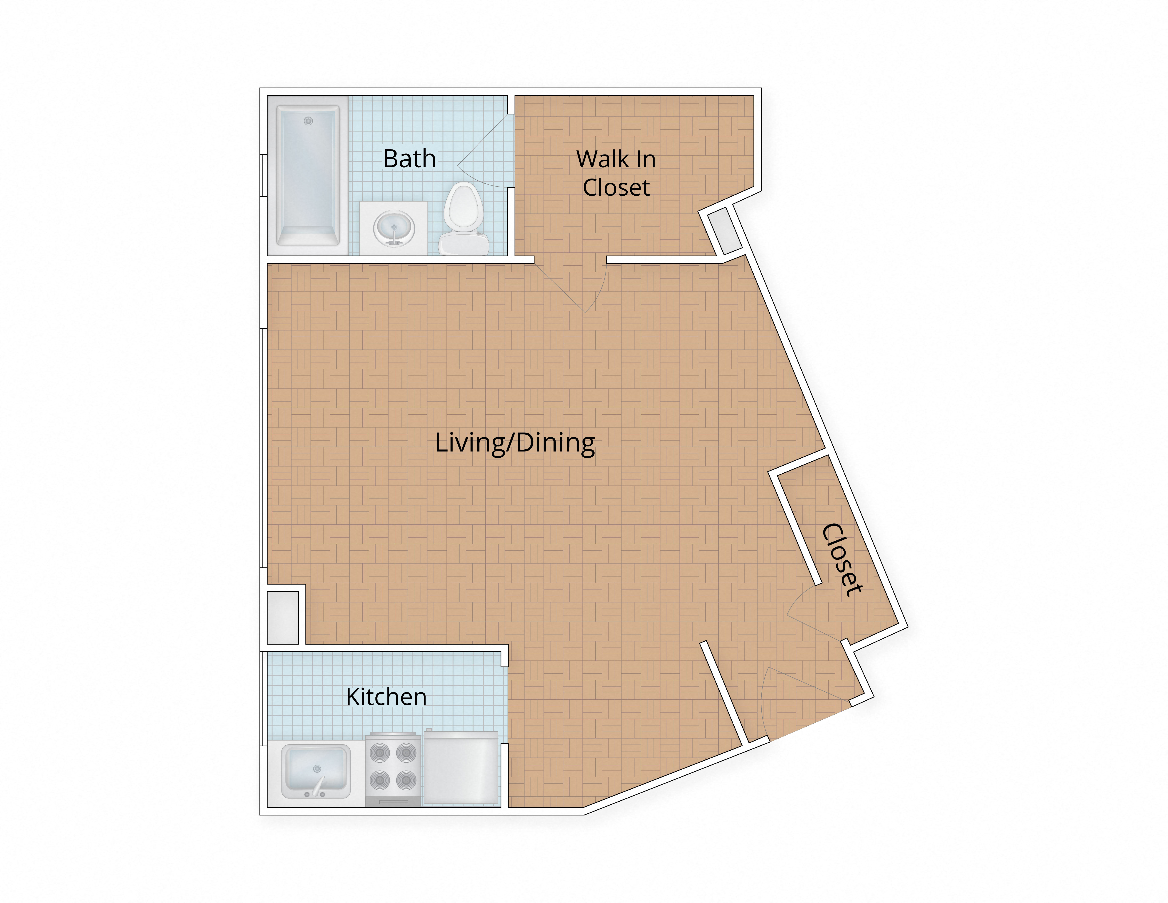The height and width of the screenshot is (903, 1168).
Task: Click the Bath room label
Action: (x=409, y=159)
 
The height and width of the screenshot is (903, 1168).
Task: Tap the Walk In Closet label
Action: (x=616, y=173)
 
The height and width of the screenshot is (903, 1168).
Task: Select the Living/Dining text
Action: (x=514, y=443)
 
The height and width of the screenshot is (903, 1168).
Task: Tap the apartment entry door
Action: (x=802, y=695)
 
